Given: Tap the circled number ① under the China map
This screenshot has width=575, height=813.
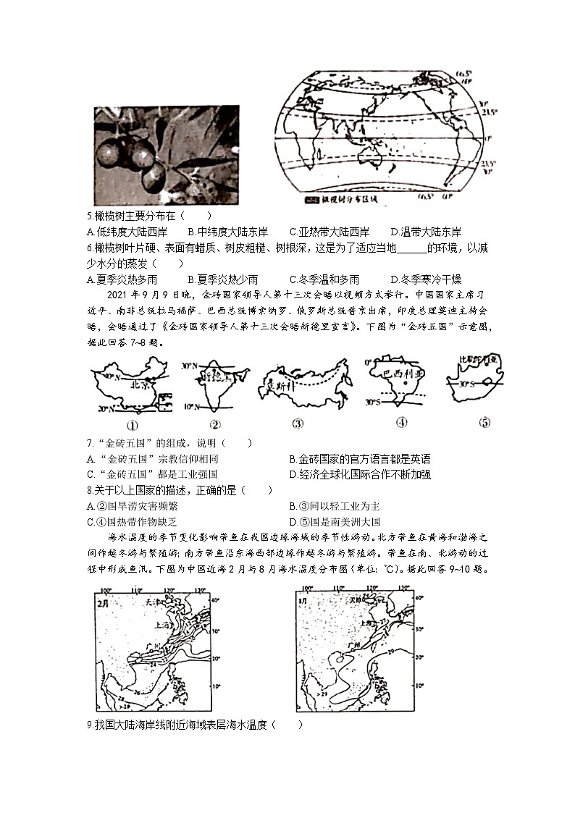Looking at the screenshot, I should [x=132, y=424].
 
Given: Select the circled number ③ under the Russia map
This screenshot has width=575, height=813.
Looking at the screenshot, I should [x=297, y=424].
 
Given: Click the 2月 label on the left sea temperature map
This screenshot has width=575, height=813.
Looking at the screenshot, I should [x=106, y=601].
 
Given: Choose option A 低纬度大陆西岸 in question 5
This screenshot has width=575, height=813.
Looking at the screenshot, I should [x=127, y=232].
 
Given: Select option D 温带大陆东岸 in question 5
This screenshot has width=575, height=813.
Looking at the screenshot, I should [x=426, y=232].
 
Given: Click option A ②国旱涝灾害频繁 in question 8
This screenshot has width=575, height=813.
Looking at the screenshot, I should [x=135, y=506].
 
